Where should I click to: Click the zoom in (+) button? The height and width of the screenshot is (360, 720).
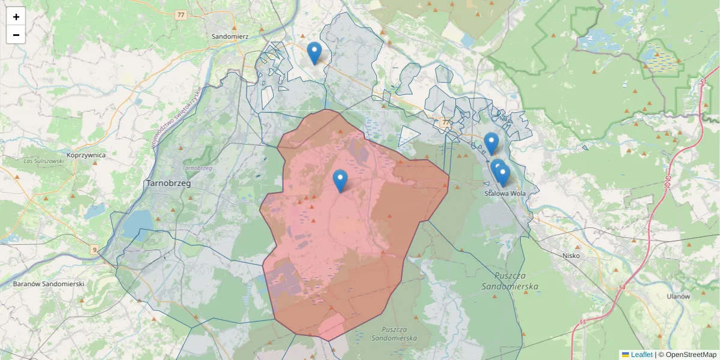pyautogui.click(x=16, y=17)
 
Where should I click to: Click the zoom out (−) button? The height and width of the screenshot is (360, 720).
pyautogui.click(x=16, y=35)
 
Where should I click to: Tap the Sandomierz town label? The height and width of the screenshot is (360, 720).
pyautogui.click(x=230, y=36)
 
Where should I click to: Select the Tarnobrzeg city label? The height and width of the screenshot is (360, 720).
pyautogui.click(x=168, y=184)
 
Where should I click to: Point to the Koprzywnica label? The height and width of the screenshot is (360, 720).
pyautogui.click(x=86, y=155)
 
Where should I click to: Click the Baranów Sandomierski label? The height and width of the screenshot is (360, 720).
pyautogui.click(x=48, y=283)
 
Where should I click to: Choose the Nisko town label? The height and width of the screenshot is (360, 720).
pyautogui.click(x=571, y=255)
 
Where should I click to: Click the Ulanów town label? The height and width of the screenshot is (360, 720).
pyautogui.click(x=679, y=296)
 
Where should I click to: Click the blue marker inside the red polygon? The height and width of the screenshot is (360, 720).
pyautogui.click(x=340, y=181)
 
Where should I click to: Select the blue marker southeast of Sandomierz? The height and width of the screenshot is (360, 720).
pyautogui.click(x=314, y=53)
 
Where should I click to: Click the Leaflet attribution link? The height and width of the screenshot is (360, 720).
pyautogui.click(x=641, y=355)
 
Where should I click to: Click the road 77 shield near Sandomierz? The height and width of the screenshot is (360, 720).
pyautogui.click(x=181, y=14)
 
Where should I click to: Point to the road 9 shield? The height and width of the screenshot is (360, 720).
pyautogui.click(x=94, y=248)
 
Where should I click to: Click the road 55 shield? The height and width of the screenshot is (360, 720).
pyautogui.click(x=583, y=322)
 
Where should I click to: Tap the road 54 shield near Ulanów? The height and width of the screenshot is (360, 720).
pyautogui.click(x=622, y=289)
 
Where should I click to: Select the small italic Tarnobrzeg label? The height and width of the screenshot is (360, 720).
pyautogui.click(x=197, y=168)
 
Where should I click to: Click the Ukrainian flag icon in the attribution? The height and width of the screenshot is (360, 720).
pyautogui.click(x=625, y=355)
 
